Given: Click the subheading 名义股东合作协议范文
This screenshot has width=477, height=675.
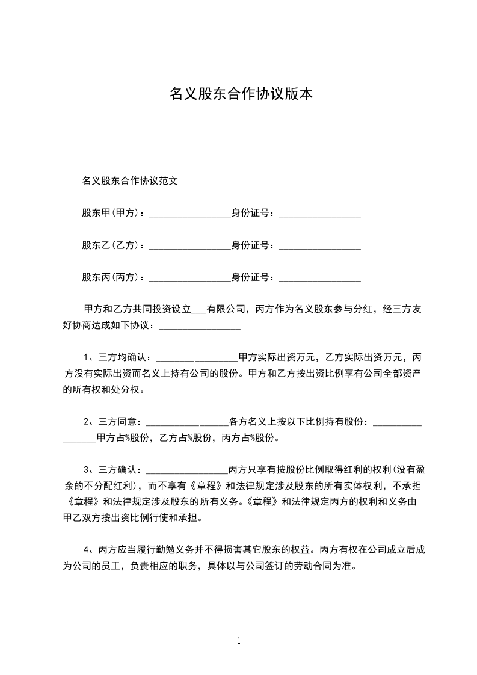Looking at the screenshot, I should [x=129, y=180].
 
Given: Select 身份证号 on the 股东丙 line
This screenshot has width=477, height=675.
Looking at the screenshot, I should [x=250, y=277].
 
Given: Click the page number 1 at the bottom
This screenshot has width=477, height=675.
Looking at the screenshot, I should [x=239, y=640].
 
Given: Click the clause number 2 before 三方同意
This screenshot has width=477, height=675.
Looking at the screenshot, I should [x=87, y=421].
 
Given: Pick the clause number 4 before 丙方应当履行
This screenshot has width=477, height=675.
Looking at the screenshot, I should [x=87, y=549].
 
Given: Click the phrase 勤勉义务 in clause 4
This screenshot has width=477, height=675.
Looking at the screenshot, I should [x=173, y=549].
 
